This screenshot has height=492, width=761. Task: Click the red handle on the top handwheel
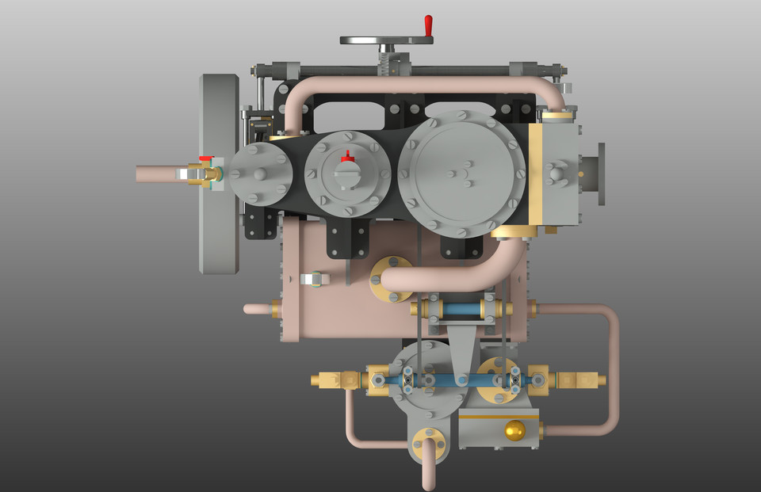[x=428, y=25]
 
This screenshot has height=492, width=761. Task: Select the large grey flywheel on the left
[x=220, y=174]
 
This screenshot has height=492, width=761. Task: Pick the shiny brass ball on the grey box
[x=514, y=430]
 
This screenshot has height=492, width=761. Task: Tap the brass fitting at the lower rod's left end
[x=337, y=380]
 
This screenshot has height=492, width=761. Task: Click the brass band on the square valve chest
[x=536, y=174]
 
